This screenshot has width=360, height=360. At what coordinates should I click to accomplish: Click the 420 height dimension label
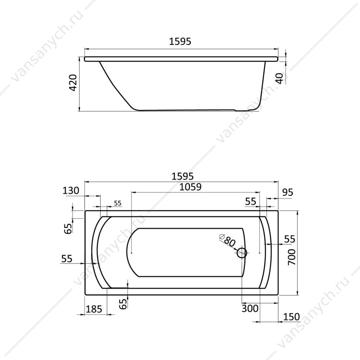[73, 83]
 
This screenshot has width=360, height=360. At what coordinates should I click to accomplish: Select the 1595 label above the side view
[180, 41]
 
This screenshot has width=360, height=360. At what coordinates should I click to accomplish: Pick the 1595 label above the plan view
[183, 176]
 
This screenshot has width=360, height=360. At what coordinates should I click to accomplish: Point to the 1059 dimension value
[190, 187]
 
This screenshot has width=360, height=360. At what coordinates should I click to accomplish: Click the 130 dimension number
[71, 190]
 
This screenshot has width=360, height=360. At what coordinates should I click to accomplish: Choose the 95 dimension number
[288, 192]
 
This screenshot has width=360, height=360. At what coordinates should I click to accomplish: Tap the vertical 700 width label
[292, 257]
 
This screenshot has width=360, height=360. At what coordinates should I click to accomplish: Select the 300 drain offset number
[250, 309]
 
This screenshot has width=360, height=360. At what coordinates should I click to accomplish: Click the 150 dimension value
[291, 317]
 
